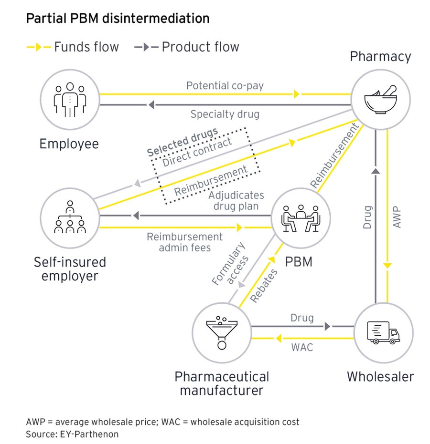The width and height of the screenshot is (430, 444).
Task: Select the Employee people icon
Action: [x=70, y=100]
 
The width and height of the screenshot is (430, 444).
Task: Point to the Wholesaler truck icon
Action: [x=382, y=332]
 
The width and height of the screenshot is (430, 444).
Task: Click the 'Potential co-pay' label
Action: [x=225, y=86]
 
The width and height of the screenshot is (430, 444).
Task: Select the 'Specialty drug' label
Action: [x=225, y=114]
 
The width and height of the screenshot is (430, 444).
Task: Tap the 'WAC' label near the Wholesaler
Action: [x=302, y=347]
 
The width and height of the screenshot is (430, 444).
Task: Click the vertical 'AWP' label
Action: [x=397, y=217]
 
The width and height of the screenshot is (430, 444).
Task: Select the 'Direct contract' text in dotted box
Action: [x=197, y=152]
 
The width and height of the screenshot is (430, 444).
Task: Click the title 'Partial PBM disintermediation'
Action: [x=118, y=19]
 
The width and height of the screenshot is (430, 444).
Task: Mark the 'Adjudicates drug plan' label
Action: [x=236, y=201]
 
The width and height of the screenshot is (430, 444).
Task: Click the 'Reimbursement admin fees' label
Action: [x=184, y=242]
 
